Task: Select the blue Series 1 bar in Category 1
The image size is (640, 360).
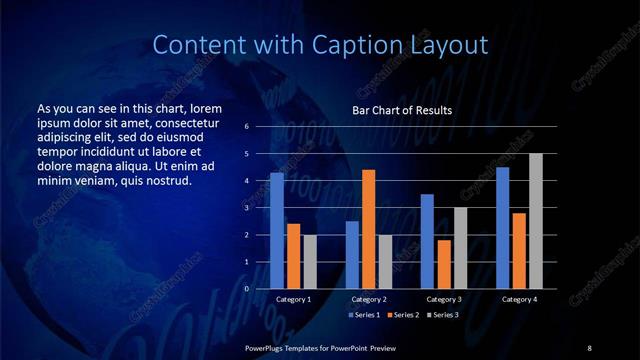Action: click(x=277, y=231)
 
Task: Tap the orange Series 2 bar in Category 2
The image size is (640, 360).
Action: click(x=368, y=229)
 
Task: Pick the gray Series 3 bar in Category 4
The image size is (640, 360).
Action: click(x=535, y=221)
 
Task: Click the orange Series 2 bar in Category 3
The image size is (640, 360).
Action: click(x=443, y=264)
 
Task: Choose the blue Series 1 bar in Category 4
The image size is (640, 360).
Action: click(x=502, y=228)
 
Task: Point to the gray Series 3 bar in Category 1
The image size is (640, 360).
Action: click(x=310, y=261)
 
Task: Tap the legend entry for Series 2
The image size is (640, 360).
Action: click(x=402, y=315)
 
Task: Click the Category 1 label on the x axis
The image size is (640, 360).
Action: click(x=293, y=299)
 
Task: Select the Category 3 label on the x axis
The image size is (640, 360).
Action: click(x=443, y=299)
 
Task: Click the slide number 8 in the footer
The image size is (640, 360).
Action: click(x=589, y=347)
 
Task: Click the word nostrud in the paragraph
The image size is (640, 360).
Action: click(x=167, y=180)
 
